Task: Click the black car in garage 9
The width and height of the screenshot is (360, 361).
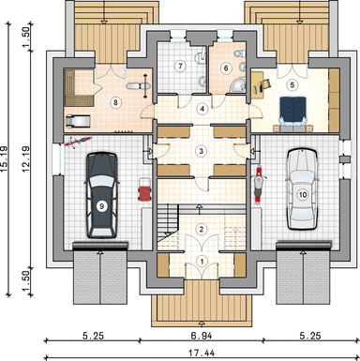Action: (101, 195)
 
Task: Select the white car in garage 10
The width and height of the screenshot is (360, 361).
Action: (302, 189)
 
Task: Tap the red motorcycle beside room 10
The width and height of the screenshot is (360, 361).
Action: (258, 186)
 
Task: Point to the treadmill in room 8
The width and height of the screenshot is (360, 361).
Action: (78, 122)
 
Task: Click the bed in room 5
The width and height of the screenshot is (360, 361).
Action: (292, 114)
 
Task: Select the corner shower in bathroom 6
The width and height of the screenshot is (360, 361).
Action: (238, 85)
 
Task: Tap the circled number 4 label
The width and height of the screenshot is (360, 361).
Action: (202, 109)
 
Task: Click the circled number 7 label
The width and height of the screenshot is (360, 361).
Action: (180, 67)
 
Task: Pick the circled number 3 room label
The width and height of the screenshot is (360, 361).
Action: (201, 151)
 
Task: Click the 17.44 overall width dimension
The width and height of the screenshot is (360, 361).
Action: (202, 353)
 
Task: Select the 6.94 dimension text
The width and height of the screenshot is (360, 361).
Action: (202, 336)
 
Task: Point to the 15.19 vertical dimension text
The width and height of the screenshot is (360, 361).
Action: (5, 159)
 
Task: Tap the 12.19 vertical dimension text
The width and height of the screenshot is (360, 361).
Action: (25, 159)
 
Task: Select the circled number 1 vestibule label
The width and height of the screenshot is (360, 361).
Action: (202, 261)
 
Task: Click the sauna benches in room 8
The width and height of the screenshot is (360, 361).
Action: (79, 88)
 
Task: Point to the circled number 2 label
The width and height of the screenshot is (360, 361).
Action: (202, 229)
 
